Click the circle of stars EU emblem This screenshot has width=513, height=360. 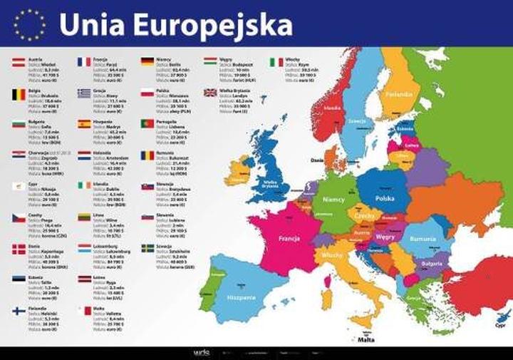tap(29, 25)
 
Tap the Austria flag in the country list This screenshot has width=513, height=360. tap(19, 63)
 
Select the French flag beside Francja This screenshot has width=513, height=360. tap(84, 62)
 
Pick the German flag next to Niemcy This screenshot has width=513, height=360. tap(148, 62)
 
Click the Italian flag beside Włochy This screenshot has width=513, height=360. tap(276, 62)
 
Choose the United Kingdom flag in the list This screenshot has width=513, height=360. tap(210, 93)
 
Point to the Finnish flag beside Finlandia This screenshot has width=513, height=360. tap(19, 311)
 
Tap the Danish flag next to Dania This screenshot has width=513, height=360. tap(19, 249)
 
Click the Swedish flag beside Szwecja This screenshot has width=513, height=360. tap(148, 249)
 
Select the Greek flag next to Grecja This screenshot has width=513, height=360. tap(84, 93)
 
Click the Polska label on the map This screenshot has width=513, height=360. tap(385, 199)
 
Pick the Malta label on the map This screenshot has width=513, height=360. tap(366, 340)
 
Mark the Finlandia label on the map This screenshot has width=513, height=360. tap(400, 94)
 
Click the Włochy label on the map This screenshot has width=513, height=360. tap(331, 254)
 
